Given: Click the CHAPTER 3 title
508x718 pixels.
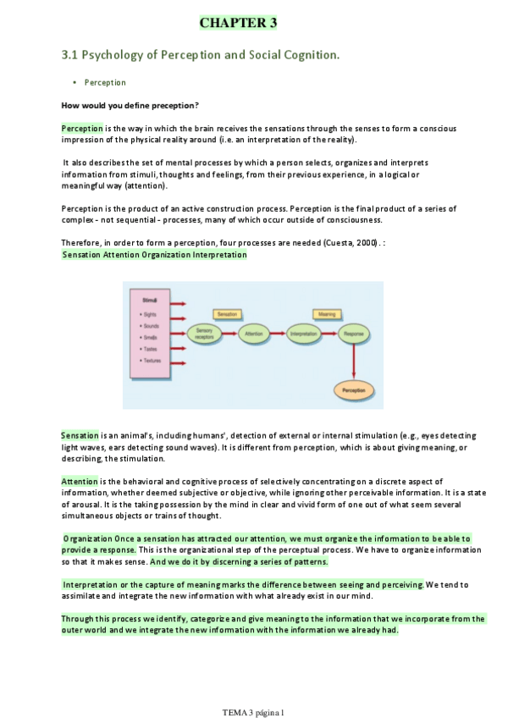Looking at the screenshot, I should [x=238, y=23].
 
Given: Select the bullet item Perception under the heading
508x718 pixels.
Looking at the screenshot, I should [x=105, y=83].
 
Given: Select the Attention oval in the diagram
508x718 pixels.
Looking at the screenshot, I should [x=254, y=334].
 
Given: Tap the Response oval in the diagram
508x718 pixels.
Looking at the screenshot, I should [x=353, y=334].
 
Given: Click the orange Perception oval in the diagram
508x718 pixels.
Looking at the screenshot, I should [x=353, y=390].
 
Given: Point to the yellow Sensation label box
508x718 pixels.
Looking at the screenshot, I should [x=227, y=314].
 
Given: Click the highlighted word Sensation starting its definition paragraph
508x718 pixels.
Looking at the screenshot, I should [x=80, y=435].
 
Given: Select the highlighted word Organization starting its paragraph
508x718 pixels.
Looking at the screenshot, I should [x=88, y=538].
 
